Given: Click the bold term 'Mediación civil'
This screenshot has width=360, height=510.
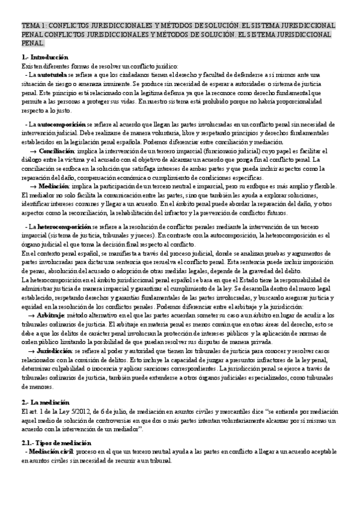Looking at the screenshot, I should [x=53, y=451].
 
